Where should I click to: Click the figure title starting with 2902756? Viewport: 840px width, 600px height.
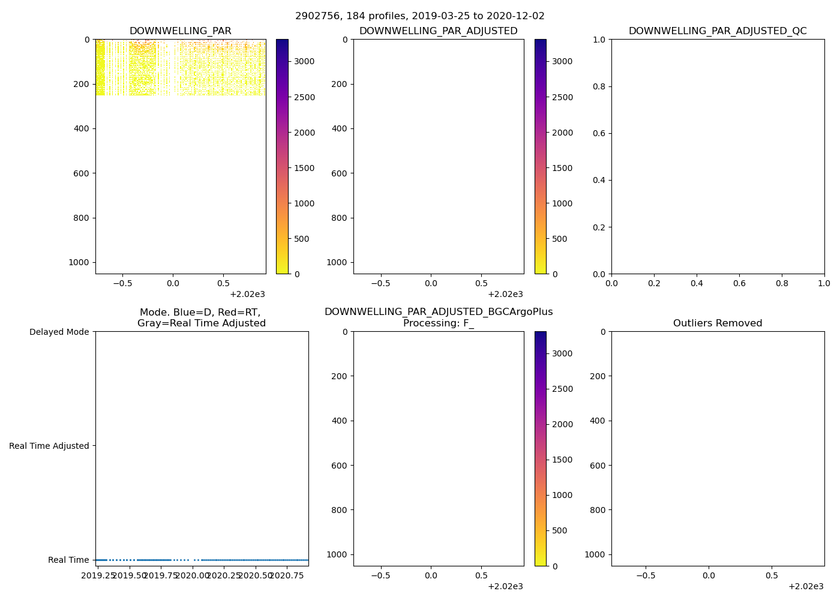coord(420,16)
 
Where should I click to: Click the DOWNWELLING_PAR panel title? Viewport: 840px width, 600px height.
coord(181,31)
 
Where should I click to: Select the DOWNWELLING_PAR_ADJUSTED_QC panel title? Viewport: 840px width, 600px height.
coord(718,31)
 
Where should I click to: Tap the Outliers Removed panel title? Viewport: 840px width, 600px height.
coord(718,323)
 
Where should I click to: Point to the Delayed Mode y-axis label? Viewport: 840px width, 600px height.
coord(59,332)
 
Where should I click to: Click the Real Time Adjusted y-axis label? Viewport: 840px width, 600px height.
coord(49,446)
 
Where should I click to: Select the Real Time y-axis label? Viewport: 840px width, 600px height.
coord(68,560)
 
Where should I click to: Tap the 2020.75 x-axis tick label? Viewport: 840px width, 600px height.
coord(287,575)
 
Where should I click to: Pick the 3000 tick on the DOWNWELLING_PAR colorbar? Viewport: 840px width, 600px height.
coord(303,61)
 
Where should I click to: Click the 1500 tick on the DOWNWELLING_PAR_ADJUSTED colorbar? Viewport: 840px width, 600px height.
coord(561,168)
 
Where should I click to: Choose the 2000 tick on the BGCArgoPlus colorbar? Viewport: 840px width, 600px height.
coord(561,424)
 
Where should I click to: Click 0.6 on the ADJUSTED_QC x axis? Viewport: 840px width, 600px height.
coord(739,283)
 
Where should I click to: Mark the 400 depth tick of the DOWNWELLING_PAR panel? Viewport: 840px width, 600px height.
coord(82,128)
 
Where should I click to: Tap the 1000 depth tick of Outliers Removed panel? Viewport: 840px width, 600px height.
coord(595,554)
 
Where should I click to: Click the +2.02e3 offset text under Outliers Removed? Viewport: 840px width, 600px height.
coord(806,586)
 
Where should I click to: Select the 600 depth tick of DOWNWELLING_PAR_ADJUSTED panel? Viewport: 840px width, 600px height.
coord(340,173)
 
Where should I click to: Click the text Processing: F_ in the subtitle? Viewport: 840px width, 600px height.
coord(439,323)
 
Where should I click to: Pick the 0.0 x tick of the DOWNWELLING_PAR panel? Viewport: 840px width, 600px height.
coord(173,283)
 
